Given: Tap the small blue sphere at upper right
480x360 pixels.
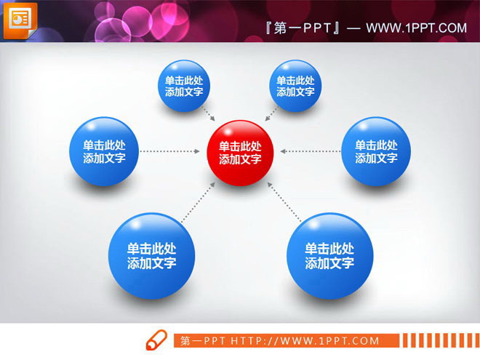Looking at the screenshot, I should [x=295, y=87].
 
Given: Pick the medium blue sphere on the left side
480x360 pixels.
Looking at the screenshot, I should [x=104, y=151].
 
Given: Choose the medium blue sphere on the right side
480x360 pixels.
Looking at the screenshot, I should [x=376, y=151].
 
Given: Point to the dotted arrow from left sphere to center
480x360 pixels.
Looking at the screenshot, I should [x=169, y=151].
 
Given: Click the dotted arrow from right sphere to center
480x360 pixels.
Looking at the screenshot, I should [x=311, y=151].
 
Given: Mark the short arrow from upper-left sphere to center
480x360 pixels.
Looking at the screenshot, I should [x=209, y=115].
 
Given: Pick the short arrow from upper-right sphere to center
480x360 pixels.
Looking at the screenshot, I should [x=271, y=115].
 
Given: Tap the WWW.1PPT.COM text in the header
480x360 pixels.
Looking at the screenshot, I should [x=416, y=28].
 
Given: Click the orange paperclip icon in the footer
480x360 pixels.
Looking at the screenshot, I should [x=158, y=340].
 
